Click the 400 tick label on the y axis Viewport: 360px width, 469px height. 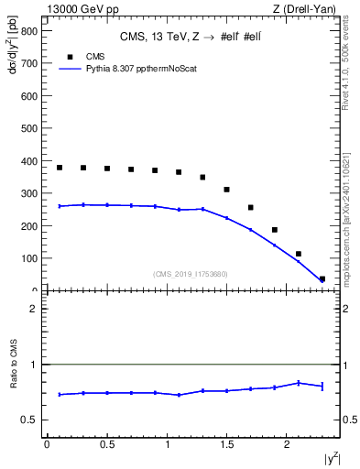28,161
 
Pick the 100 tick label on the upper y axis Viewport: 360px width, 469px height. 28,258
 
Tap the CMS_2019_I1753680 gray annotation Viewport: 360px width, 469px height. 191,273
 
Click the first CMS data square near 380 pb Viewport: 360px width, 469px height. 60,168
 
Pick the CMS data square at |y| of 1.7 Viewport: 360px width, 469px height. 251,208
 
